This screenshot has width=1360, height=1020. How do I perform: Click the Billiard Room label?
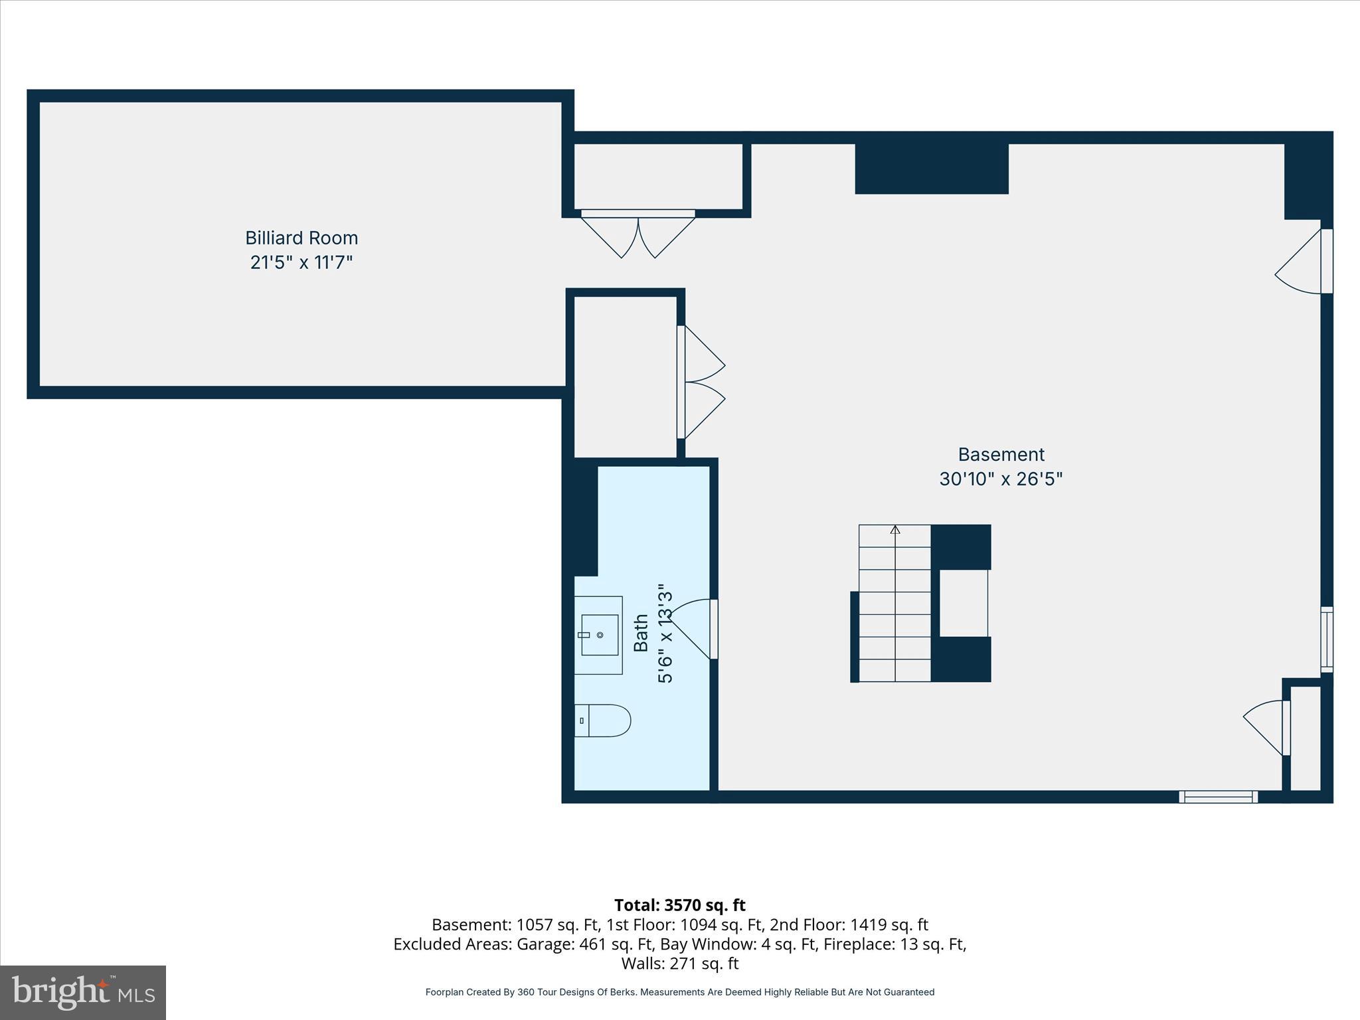301,238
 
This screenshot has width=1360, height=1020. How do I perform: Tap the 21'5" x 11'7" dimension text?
301,262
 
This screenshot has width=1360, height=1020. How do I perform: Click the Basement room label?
1001,454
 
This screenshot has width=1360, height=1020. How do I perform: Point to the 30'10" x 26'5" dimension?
1001,479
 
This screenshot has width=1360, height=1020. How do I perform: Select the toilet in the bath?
602,721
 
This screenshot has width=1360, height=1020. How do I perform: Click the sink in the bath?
598,635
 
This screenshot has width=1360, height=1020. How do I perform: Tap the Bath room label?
641,633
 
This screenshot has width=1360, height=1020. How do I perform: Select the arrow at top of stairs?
895,530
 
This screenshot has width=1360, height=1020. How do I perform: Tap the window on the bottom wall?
1218,797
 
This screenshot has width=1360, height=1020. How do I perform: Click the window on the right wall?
1326,639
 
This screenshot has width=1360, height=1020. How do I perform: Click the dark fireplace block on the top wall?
931,169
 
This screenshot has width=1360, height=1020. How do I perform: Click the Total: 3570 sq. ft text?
679,905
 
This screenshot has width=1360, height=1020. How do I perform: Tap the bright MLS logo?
83,992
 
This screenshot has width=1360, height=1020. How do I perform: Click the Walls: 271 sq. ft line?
679,963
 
